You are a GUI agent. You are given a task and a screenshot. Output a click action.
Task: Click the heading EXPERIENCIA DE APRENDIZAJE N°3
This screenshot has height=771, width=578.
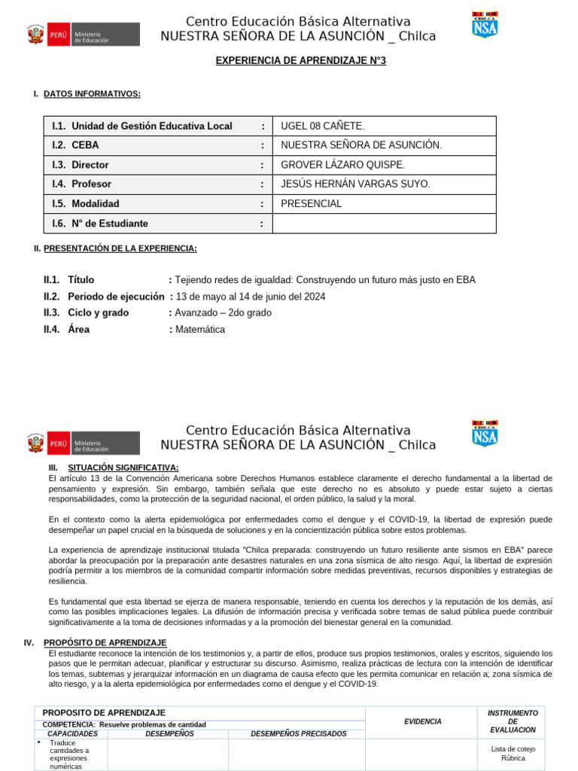(300, 60)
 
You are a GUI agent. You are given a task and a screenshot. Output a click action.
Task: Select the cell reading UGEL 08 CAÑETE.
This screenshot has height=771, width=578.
(322, 126)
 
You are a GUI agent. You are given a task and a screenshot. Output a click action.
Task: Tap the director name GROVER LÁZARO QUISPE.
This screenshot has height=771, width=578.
(342, 165)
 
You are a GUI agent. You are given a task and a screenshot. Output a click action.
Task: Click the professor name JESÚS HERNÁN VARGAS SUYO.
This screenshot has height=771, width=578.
(355, 184)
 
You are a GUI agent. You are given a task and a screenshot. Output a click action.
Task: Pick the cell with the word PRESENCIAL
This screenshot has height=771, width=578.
(311, 204)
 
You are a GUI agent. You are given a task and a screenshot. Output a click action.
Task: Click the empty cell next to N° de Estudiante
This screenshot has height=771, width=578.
(384, 224)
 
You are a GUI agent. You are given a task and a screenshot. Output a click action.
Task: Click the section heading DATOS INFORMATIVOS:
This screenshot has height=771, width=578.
(92, 94)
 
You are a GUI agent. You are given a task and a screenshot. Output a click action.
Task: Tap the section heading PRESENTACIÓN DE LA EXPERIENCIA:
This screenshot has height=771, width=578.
(120, 248)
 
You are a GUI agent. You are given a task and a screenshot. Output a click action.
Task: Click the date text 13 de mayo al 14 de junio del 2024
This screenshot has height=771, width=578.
(251, 297)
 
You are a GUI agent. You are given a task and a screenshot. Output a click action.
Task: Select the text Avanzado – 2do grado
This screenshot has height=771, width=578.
(224, 313)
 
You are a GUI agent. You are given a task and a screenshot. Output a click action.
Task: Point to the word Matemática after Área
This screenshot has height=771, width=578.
(200, 330)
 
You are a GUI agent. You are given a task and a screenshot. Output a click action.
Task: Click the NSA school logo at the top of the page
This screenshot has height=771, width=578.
(485, 25)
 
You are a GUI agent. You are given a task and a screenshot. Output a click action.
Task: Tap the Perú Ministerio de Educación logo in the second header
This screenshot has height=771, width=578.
(84, 443)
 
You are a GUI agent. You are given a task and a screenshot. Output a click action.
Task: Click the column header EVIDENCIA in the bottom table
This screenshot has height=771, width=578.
(422, 721)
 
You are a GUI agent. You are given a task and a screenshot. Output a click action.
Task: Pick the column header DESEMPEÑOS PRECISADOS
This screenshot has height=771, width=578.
(298, 733)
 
